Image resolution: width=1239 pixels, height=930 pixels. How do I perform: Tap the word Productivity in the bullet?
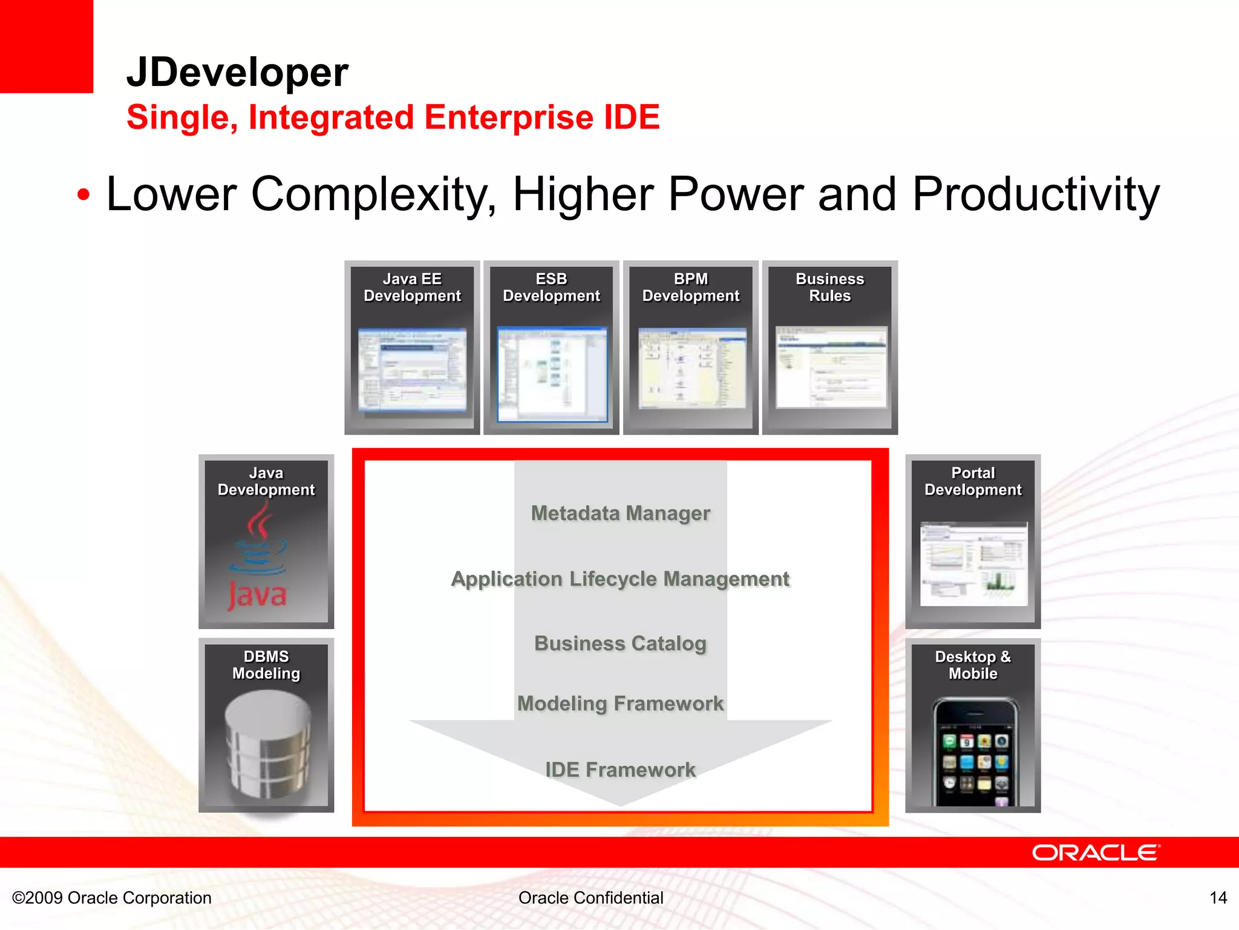(1036, 194)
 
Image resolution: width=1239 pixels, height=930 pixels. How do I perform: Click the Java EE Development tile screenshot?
(412, 370)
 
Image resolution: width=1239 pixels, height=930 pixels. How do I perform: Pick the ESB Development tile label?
(551, 288)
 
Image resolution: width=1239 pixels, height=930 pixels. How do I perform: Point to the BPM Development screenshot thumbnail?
(691, 369)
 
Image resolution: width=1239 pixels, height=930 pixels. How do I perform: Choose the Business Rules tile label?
(829, 288)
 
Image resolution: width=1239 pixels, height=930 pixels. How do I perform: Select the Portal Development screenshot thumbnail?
(973, 564)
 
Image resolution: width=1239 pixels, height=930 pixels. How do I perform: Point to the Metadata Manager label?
(620, 513)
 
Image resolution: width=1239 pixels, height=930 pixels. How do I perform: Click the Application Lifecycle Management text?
(620, 579)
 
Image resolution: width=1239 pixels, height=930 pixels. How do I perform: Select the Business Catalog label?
(620, 643)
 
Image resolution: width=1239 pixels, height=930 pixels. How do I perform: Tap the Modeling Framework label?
(620, 704)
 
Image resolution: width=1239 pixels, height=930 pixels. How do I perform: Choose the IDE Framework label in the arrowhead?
(620, 770)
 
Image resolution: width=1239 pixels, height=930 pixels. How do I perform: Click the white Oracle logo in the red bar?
(1096, 852)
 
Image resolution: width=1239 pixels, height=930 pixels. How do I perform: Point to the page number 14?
(1218, 897)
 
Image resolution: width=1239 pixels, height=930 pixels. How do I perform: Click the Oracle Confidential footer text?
(590, 897)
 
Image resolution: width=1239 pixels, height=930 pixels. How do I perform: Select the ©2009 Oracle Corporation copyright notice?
(112, 897)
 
